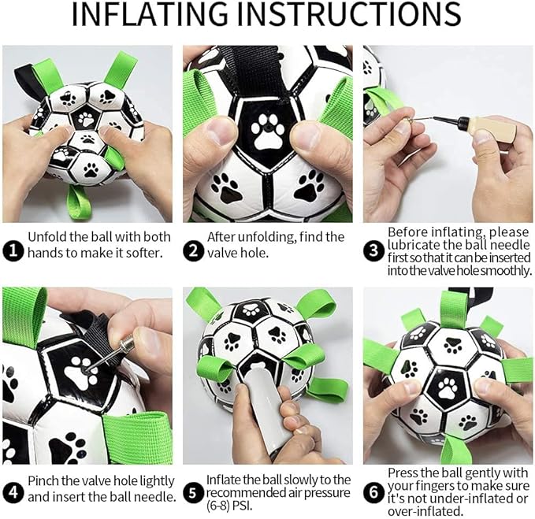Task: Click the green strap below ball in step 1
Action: tap(79, 202)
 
